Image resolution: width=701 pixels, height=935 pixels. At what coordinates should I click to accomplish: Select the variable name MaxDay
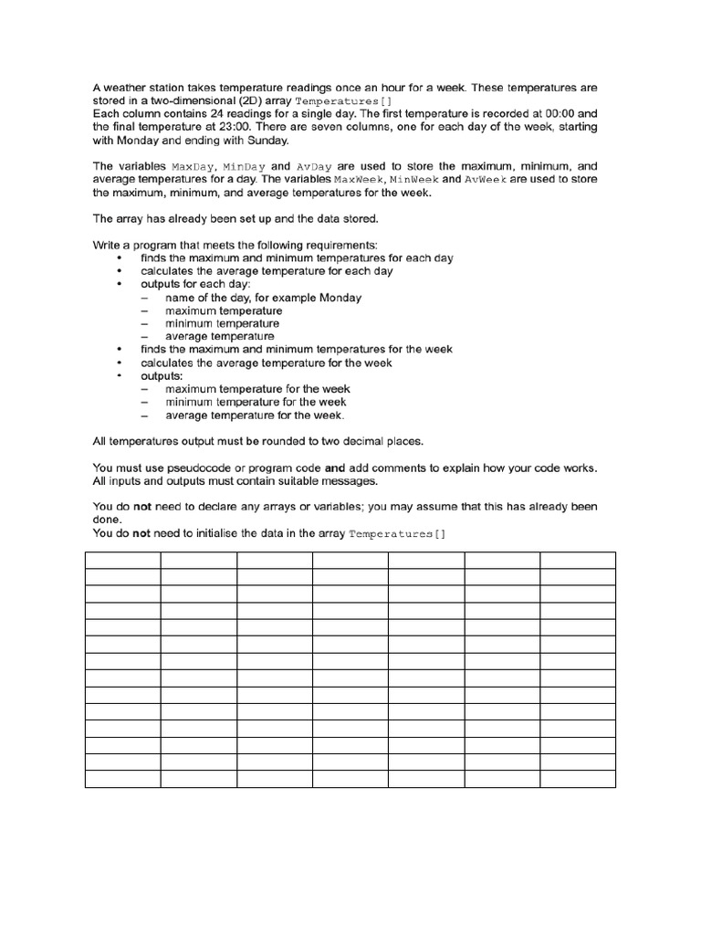click(x=193, y=167)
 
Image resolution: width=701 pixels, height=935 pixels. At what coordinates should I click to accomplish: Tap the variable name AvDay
click(x=315, y=167)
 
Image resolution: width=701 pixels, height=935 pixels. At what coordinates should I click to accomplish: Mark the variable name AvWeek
click(x=486, y=180)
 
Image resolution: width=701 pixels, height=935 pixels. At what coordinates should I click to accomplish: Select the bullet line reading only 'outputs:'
click(x=161, y=375)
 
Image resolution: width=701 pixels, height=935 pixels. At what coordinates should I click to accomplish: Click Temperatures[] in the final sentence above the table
click(x=398, y=533)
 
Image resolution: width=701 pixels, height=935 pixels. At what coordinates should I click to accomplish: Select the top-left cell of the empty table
click(x=122, y=560)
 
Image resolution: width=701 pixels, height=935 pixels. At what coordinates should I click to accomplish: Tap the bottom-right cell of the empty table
click(x=577, y=778)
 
